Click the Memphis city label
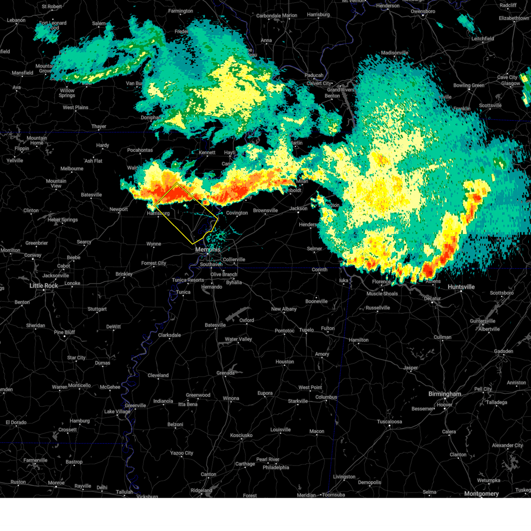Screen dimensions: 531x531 208,250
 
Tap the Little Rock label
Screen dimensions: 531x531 44,286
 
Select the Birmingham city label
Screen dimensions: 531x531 444,394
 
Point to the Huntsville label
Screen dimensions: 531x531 461,287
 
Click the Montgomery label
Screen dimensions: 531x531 481,493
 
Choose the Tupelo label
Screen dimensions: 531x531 306,330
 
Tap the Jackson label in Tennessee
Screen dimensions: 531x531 299,208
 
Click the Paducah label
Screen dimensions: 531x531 314,75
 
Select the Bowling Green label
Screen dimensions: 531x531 469,85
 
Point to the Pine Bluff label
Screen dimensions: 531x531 64,332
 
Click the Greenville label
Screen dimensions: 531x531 135,405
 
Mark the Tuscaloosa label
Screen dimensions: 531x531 389,422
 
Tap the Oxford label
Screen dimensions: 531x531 246,320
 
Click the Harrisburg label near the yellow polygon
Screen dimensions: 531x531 158,213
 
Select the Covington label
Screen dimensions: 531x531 237,213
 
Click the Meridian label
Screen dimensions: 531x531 306,495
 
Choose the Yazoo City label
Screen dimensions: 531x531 182,453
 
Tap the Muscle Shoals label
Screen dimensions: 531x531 382,294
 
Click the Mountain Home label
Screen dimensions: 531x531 37,140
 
